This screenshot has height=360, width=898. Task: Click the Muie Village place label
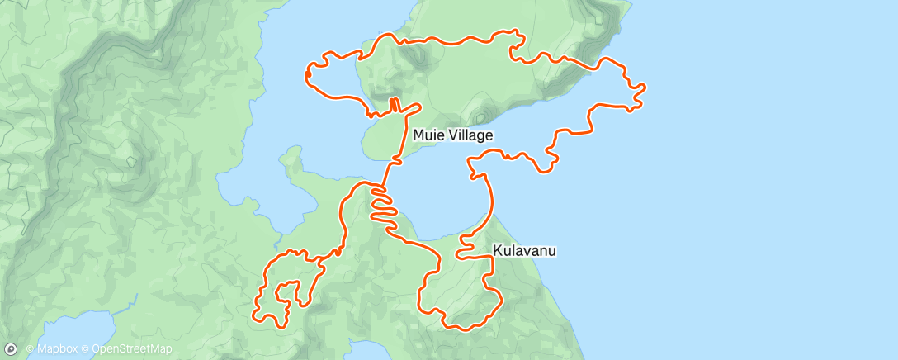tap(453, 135)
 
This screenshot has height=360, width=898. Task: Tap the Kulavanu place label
tap(525, 249)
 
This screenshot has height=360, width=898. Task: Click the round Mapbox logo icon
tap(11, 350)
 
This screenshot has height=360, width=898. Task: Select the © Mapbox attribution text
tap(53, 350)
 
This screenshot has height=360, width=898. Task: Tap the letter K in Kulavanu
tap(498, 249)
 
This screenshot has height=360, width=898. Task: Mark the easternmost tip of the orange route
tap(644, 86)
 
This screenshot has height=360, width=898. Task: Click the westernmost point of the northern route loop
tap(307, 76)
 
